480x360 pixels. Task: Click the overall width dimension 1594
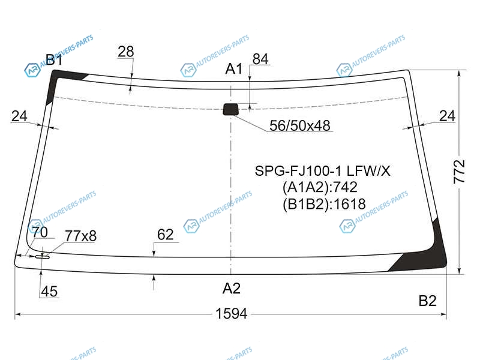click(x=232, y=313)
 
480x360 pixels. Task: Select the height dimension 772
click(x=459, y=172)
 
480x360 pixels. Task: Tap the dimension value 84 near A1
click(x=260, y=59)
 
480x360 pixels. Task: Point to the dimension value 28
click(x=126, y=52)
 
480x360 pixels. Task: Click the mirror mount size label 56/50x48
click(x=299, y=125)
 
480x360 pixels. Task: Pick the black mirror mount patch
click(x=231, y=109)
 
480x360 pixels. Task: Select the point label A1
click(x=234, y=68)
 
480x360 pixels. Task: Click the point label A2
click(x=232, y=289)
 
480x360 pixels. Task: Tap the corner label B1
click(x=55, y=59)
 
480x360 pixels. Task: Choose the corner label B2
click(x=427, y=301)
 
